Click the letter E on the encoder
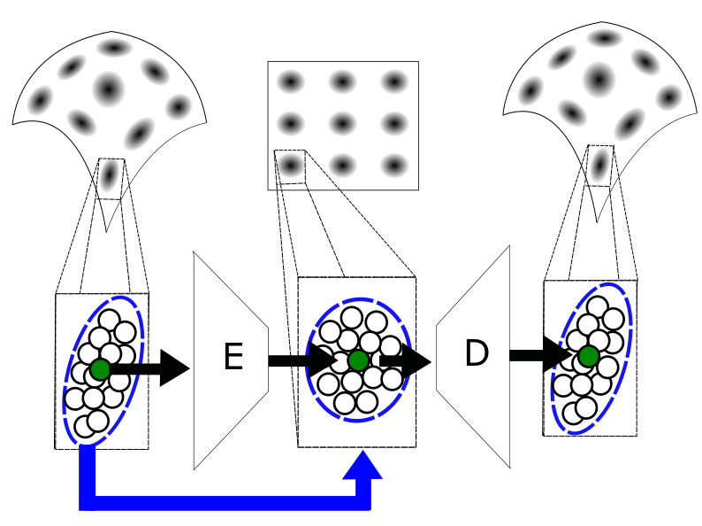(233, 357)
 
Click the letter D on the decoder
(476, 354)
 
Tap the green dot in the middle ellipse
(357, 360)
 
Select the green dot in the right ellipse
(588, 356)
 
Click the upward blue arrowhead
(362, 467)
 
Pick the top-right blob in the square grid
(393, 82)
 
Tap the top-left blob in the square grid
(290, 82)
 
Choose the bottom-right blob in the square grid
(393, 165)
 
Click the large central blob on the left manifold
(109, 88)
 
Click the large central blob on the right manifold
(599, 79)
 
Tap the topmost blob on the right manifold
(606, 39)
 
